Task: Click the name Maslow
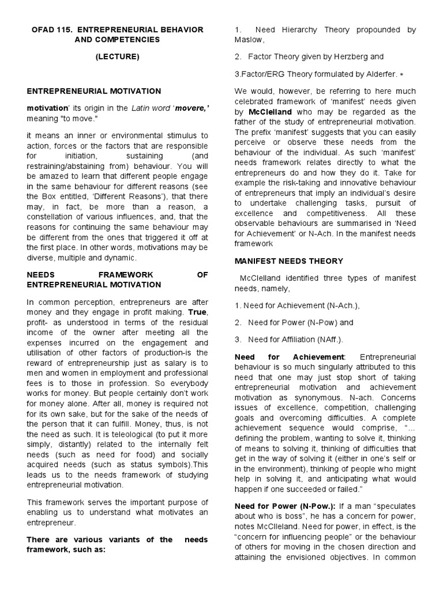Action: tap(249, 40)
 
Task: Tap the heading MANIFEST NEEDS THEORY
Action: tap(288, 261)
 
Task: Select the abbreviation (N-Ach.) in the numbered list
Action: tap(348, 305)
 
